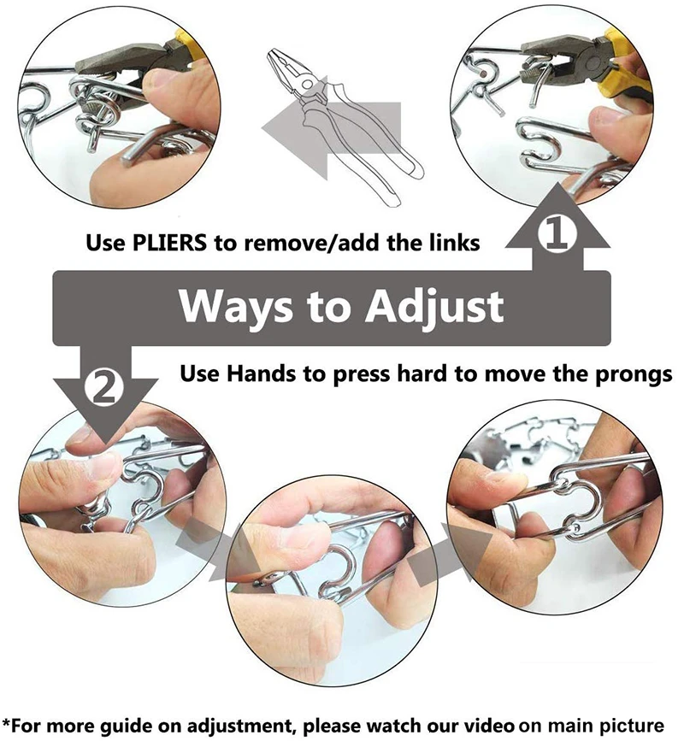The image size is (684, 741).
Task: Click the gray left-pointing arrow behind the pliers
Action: [295, 132]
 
